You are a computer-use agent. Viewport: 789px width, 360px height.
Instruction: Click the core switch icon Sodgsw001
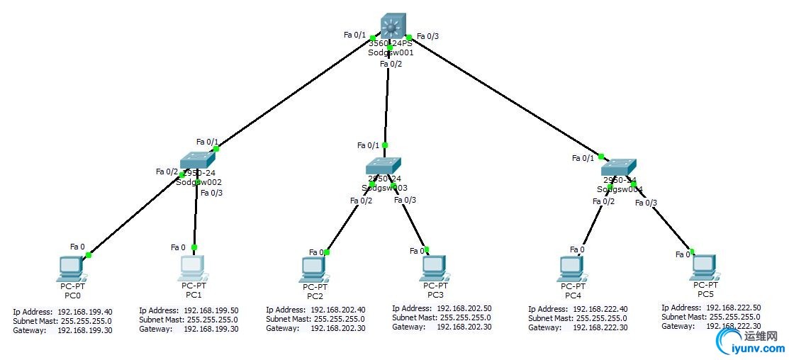pos(391,26)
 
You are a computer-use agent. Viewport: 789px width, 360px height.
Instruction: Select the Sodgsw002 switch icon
pos(196,161)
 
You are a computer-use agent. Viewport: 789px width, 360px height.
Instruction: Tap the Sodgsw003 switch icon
pos(384,165)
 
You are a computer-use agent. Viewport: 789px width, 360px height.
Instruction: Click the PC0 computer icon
pos(71,268)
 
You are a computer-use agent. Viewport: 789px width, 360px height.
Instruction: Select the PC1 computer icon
pos(193,267)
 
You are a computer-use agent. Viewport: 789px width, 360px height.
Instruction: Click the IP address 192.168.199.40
pos(84,312)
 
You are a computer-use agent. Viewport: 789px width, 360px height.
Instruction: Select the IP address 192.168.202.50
pos(464,308)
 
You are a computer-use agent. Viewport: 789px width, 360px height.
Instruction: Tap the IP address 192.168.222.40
pos(600,310)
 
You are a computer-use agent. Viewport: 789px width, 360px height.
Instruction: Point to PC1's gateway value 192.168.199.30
pos(211,329)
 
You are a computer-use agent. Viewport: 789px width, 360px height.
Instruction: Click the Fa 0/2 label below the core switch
pos(391,64)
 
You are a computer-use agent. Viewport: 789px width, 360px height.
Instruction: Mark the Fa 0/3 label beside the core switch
pos(428,36)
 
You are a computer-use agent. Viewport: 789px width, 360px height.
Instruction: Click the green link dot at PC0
pos(89,254)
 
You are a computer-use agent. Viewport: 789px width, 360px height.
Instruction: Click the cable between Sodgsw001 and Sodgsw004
pos(503,96)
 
